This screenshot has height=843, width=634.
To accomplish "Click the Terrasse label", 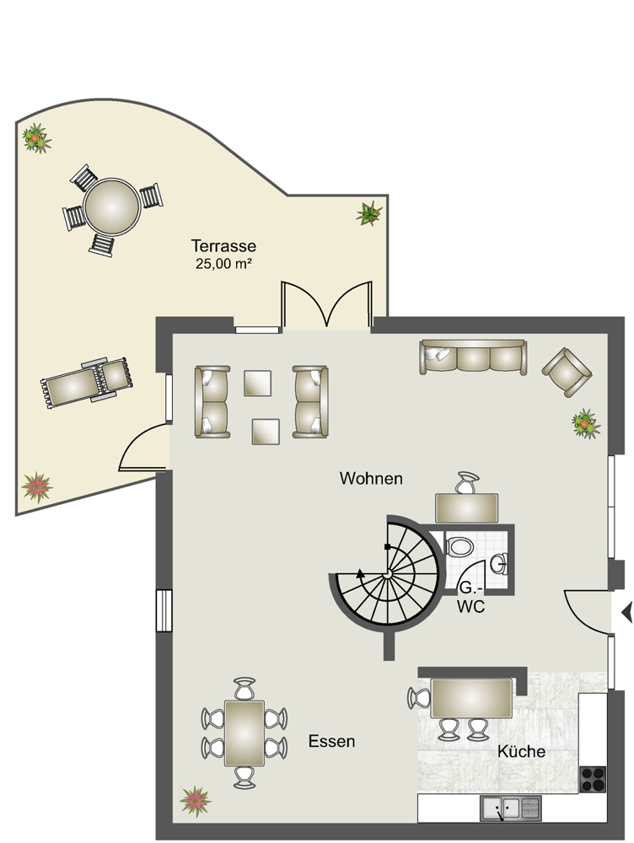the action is coord(223,246).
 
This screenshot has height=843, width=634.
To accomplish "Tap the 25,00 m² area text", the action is coord(224,264).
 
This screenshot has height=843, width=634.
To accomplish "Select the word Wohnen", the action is coord(371,479).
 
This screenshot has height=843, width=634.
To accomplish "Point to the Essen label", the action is coord(332,741).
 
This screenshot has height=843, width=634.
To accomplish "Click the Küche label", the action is coord(521,751).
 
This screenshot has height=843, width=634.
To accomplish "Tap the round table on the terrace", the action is coord(112,206).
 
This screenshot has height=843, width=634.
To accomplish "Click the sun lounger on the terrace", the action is coord(87,382).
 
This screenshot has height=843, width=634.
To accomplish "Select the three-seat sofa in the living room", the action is coord(473,357).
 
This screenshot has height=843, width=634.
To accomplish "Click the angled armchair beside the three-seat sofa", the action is coord(567,372).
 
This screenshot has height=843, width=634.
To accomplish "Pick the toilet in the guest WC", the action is coord(459,547).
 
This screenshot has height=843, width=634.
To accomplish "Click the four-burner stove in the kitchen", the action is coord(593,779).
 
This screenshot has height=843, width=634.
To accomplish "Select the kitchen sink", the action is coord(510,808).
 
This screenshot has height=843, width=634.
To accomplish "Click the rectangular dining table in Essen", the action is coord(244,733).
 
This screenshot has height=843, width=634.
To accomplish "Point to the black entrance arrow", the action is coord(627,612).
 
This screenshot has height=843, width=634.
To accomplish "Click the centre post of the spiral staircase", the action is coord(387,575).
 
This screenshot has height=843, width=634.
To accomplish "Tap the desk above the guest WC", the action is coord(467,508).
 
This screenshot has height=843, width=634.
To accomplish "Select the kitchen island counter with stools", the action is coord(471,698).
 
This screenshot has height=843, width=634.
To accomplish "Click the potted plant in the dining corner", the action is coord(196,802).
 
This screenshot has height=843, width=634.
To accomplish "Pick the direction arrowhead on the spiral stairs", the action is coord(360,573).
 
